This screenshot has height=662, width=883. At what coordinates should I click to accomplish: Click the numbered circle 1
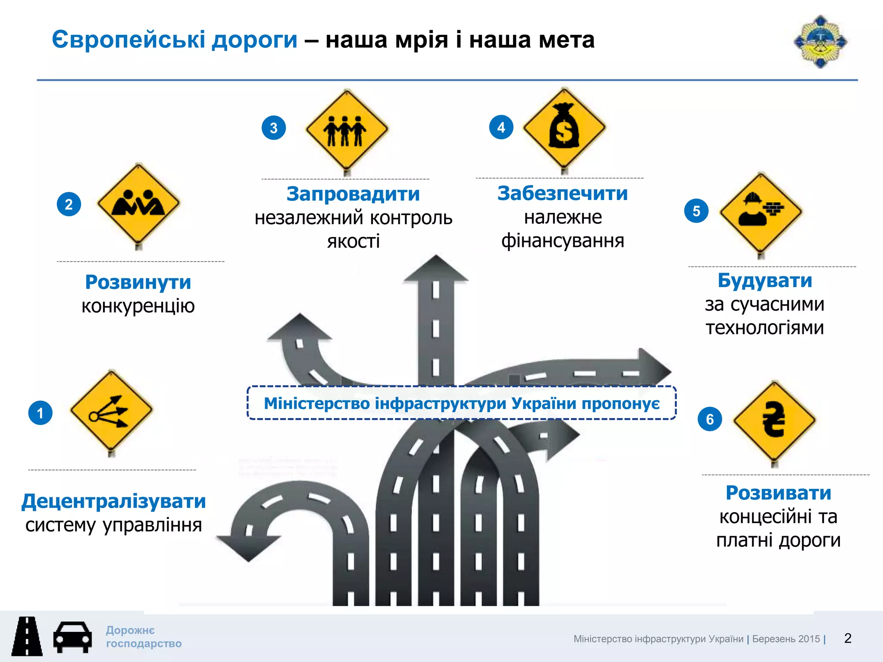[x=40, y=413]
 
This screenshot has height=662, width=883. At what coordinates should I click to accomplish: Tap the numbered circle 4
[x=501, y=127]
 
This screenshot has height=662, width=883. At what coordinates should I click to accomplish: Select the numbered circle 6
[x=710, y=419]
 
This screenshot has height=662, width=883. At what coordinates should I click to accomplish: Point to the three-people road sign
[x=346, y=129]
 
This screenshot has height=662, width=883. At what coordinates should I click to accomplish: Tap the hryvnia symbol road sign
[x=774, y=420]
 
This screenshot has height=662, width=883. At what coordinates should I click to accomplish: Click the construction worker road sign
[x=761, y=211]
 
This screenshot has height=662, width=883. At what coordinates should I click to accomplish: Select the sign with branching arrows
[x=111, y=410]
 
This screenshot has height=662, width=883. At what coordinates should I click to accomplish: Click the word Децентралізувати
[x=114, y=501]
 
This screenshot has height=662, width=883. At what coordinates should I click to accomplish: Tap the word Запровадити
[x=353, y=194]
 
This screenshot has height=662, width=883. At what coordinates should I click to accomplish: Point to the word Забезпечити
[x=563, y=193]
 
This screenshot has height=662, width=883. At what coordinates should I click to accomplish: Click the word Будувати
[x=765, y=281]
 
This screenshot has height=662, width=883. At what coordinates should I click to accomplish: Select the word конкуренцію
[x=138, y=306]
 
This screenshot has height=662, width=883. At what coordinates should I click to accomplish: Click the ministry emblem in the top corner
[x=820, y=42]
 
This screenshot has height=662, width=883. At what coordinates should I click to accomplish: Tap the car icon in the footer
[x=72, y=637]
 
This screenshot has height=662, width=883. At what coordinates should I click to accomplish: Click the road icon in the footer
[x=27, y=637]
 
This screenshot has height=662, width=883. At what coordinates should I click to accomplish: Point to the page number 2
[x=848, y=638]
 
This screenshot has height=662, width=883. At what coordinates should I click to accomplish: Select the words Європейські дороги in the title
[x=175, y=40]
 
